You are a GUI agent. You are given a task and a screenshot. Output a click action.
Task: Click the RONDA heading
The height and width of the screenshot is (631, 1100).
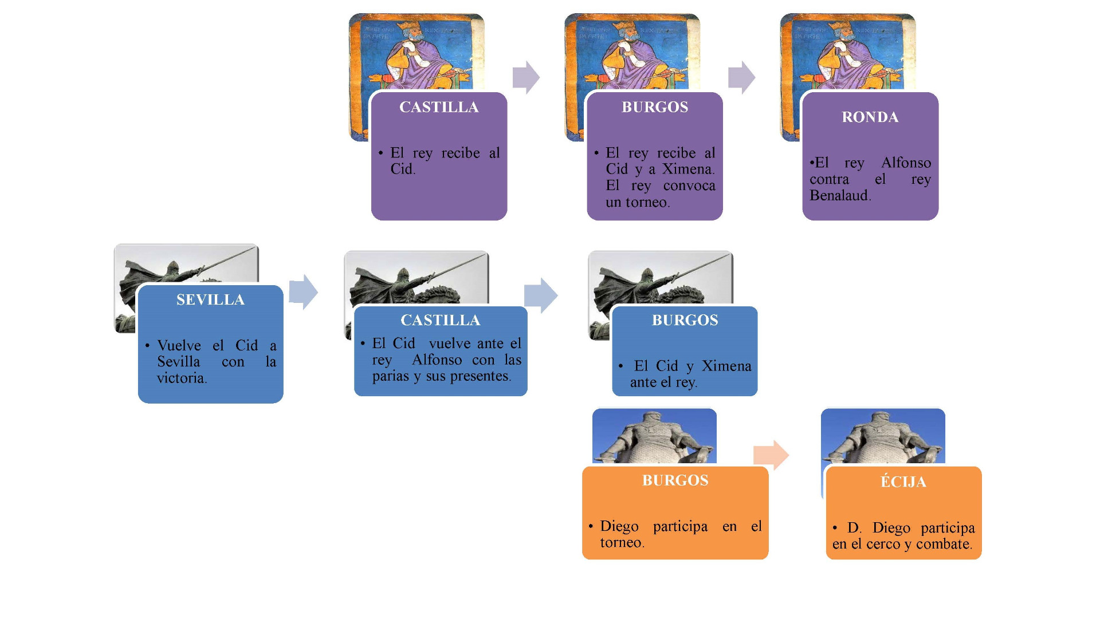(870, 117)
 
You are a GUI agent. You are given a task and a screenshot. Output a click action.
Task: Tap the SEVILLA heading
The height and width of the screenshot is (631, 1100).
(210, 300)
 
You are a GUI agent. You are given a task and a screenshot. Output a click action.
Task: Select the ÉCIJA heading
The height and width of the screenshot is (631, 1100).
(903, 482)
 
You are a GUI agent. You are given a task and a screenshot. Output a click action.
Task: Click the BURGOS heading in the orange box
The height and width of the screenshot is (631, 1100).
(675, 480)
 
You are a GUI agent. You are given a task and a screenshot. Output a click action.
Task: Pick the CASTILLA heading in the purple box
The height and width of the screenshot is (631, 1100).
(439, 108)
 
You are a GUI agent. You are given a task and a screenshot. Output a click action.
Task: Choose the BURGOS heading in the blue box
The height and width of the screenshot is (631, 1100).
(685, 321)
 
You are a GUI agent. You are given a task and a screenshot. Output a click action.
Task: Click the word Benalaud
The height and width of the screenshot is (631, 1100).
(839, 196)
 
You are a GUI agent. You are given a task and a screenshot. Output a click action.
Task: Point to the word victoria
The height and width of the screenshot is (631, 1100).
(181, 378)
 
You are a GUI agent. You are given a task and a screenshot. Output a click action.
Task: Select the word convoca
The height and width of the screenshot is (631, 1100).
(689, 186)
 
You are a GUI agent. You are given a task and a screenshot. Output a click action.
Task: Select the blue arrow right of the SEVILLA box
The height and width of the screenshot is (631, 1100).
(303, 291)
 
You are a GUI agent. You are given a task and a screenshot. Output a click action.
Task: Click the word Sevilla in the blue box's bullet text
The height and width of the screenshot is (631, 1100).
(178, 362)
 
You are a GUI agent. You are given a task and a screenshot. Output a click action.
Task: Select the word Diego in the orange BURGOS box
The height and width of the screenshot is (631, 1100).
(619, 526)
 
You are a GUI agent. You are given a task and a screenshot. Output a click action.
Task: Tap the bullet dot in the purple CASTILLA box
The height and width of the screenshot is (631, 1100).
(380, 153)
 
